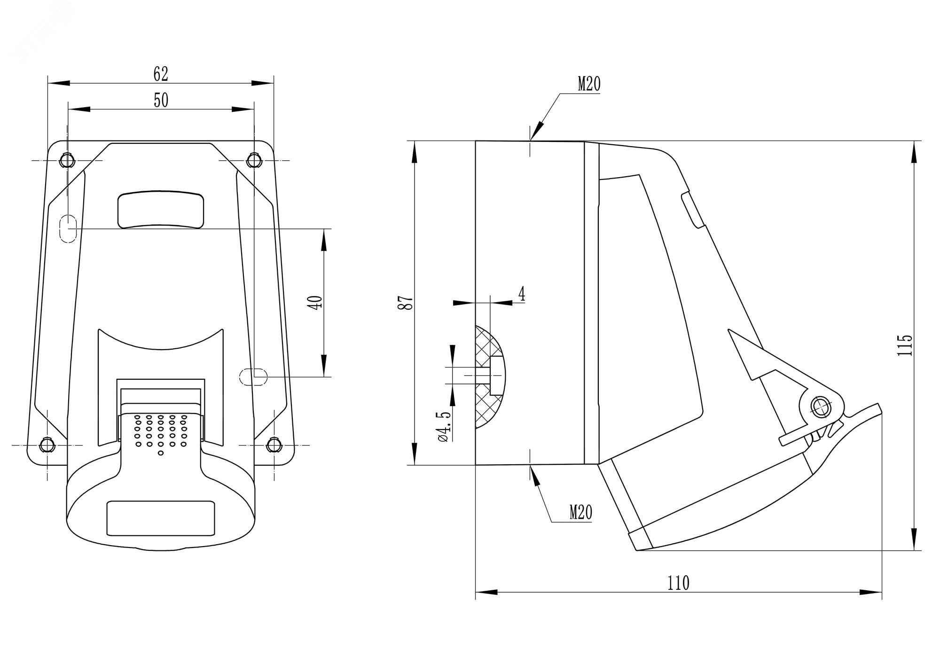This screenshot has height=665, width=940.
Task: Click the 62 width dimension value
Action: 161,74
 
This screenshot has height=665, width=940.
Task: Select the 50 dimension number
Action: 161,100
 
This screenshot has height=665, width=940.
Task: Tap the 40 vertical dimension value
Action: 315,302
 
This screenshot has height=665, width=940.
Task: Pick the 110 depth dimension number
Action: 678,583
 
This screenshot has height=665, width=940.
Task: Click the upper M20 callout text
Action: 589,85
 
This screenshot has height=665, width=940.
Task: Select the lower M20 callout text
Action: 581,512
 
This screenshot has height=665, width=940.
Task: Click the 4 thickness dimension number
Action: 522,295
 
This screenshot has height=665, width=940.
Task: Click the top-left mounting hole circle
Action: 67,161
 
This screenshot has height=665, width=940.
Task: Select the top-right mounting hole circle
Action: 254,161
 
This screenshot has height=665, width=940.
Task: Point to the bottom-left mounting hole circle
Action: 47,445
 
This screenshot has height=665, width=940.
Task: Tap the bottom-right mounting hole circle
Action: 274,445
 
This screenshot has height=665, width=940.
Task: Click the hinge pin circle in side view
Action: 821,406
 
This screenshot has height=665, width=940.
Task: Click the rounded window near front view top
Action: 161,210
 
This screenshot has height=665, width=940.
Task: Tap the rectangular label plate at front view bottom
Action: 161,518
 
